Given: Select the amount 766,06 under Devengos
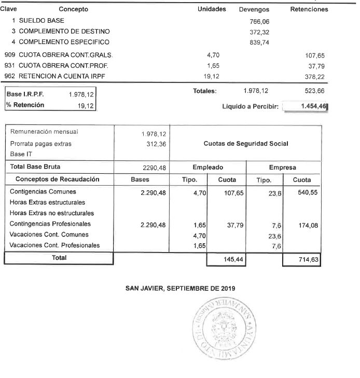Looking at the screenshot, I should click(x=260, y=22).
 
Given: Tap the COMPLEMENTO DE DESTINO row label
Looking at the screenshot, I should click(x=57, y=32).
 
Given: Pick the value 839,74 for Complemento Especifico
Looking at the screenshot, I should click(x=260, y=43).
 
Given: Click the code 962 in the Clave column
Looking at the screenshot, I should click(x=9, y=75).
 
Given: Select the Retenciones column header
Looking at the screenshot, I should click(x=309, y=9).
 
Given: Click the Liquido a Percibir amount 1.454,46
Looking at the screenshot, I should click(x=309, y=106).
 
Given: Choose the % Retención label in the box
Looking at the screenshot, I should click(x=25, y=105).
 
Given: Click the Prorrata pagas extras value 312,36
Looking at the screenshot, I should click(x=156, y=144).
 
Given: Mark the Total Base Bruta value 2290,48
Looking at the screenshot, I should click(x=154, y=167).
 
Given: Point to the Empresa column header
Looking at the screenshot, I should click(x=283, y=167).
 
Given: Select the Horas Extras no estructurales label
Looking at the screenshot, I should click(x=52, y=213).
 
